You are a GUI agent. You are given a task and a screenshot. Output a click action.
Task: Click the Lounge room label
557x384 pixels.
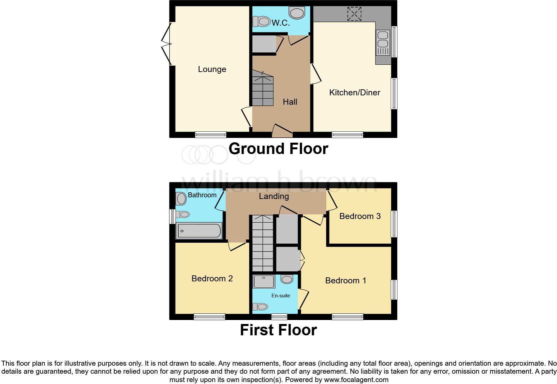[x=212, y=69]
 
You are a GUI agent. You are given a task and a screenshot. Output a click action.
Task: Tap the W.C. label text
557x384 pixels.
[x=281, y=23]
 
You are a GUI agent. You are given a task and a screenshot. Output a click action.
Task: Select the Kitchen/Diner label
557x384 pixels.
[x=354, y=93]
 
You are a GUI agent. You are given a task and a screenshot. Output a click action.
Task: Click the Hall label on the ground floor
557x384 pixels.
[x=290, y=102]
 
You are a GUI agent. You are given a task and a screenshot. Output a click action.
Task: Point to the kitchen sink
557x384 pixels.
[x=383, y=43]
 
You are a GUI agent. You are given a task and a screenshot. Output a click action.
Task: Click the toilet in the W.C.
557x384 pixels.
[x=261, y=21]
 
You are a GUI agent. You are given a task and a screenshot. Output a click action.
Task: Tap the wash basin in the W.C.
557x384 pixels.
[x=297, y=13]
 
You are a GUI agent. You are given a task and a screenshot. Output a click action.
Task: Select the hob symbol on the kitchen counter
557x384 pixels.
[x=354, y=14]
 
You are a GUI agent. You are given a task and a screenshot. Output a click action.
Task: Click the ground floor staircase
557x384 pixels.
[x=263, y=88]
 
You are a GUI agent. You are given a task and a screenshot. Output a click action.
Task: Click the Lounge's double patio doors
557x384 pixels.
[x=167, y=44]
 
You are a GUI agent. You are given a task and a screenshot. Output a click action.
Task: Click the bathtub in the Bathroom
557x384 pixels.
[x=199, y=231]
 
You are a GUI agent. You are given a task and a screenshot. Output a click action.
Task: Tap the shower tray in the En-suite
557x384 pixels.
[x=264, y=281]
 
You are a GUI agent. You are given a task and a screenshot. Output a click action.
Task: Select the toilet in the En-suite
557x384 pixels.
[x=260, y=307]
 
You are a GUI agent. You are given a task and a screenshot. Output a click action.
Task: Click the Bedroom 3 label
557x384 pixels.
[x=360, y=216]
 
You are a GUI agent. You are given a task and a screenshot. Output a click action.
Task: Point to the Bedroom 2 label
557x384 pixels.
[x=212, y=278]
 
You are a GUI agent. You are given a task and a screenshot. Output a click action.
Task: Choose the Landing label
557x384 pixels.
[x=274, y=196]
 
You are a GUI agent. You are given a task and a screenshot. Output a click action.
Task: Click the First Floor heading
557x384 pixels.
[x=278, y=330]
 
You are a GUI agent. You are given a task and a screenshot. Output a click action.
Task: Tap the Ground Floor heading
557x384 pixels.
[x=278, y=149]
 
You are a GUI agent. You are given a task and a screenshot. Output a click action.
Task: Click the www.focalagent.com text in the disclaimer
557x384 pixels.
[x=356, y=380]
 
